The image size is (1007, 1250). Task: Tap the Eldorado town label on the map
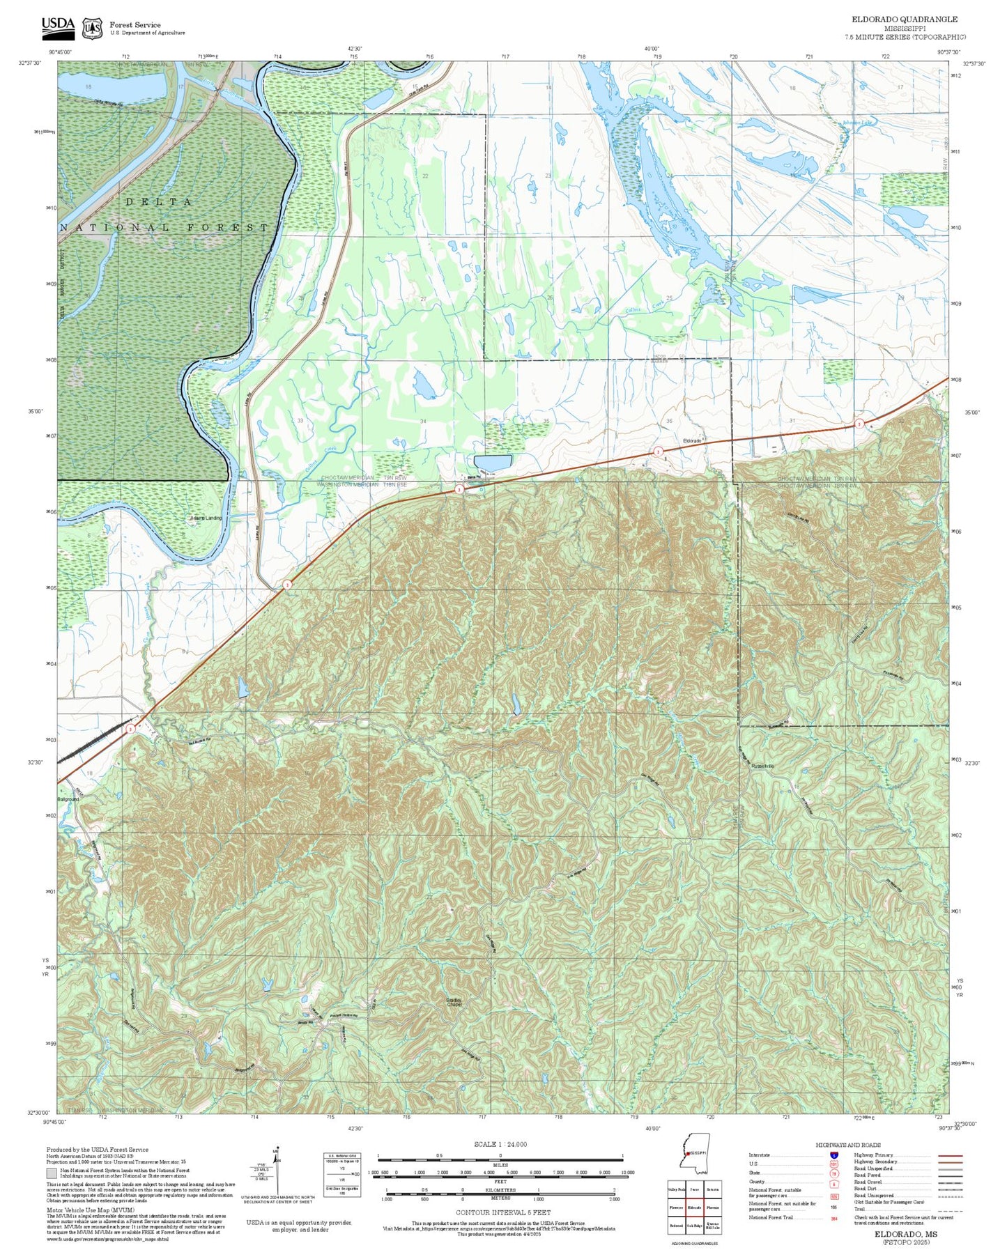[x=691, y=441]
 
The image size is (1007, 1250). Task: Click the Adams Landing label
[x=206, y=518]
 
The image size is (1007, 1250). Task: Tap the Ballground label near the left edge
[x=68, y=799]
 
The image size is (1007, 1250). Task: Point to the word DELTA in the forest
[x=160, y=201]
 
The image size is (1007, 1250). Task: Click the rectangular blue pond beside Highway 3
[x=492, y=463]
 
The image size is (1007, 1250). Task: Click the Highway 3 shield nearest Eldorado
[x=657, y=452]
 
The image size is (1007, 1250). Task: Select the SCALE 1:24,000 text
[x=500, y=1144]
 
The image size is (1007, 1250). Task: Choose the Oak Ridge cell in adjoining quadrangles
[x=694, y=1225]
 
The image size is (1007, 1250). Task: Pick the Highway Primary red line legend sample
[x=950, y=1155]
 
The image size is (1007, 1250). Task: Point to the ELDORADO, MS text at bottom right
[x=905, y=1234]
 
